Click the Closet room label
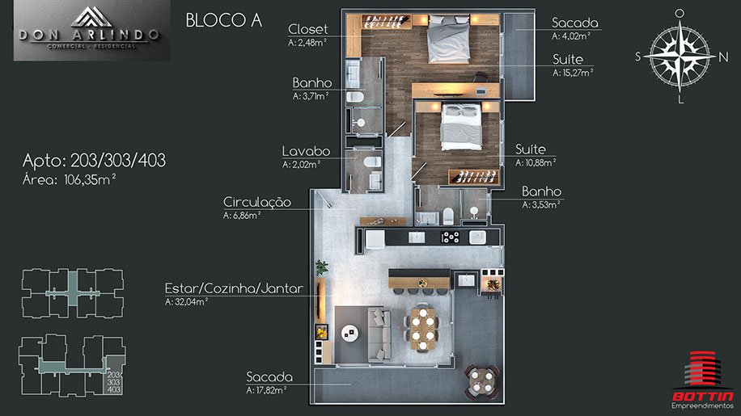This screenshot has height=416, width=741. coord(307,29)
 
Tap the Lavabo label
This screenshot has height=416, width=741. coord(306,151)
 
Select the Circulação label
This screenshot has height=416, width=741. coord(257,202)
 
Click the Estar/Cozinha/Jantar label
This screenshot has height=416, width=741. coord(234,288)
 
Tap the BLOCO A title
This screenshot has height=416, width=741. coord(223,20)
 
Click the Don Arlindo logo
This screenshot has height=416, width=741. coord(91,31)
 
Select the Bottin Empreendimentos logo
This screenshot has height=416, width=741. coord(703,380)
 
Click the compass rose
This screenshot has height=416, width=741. coord(680,56)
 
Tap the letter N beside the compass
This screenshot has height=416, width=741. coord(723,57)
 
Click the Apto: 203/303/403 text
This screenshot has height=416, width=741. coord(94,161)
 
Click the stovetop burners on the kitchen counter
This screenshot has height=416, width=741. coord(451,237)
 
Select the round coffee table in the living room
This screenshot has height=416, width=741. coord(349,334)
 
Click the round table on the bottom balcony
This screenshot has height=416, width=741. coord(481,380)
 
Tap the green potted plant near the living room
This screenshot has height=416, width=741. coord(322,267)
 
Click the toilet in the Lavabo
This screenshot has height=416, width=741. coord(373,162)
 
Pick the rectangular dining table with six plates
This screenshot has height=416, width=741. coord(422,329)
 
